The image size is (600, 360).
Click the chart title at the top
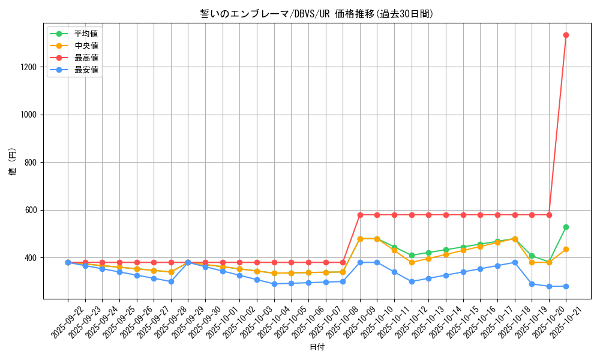coord(317,14)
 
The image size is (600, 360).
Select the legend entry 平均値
coord(86,34)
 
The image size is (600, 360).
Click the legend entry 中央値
coord(86,46)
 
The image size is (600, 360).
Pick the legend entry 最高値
coord(86,58)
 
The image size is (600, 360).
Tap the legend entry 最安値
coord(86,70)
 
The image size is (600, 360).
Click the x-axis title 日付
coord(317,347)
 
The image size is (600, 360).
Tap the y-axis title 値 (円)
coord(13,163)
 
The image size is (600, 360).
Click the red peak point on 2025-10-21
coord(566,35)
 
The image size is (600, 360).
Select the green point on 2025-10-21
coord(566,227)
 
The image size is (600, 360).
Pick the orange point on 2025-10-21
coord(566,249)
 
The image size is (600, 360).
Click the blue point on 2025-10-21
coord(566,286)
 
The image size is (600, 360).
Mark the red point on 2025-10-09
coord(360,215)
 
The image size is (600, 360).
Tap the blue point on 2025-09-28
coord(171,281)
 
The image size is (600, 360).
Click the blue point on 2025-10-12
coord(412,281)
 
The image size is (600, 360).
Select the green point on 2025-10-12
coord(412,255)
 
